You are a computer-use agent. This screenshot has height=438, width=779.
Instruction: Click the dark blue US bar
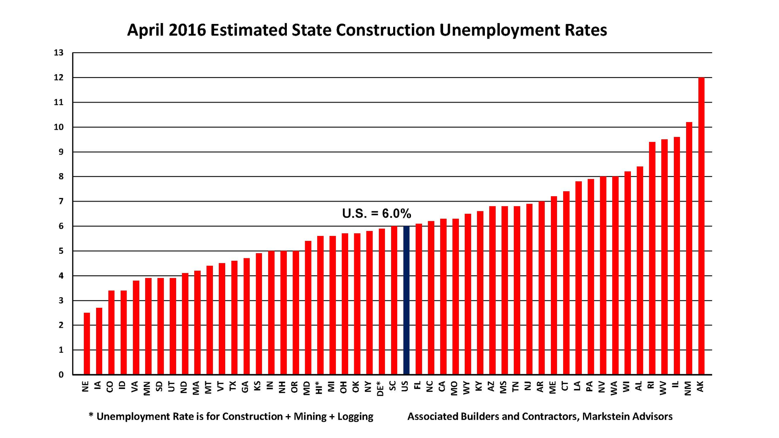pos(407,300)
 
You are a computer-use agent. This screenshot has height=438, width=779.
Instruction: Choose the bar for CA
pos(443,296)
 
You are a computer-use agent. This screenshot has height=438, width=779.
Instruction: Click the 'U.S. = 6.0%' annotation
pos(377,213)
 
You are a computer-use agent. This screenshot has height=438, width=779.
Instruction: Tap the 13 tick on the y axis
pos(59,53)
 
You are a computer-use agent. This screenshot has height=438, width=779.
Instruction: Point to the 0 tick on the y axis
pos(61,375)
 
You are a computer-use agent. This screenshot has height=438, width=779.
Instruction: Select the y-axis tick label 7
pos(61,202)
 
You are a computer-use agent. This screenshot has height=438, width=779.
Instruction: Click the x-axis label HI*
pos(320,387)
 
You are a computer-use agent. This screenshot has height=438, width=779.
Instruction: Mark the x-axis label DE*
pos(381,388)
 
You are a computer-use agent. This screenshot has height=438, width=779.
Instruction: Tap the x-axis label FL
pos(418,386)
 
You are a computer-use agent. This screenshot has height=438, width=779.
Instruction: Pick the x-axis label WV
pos(664,387)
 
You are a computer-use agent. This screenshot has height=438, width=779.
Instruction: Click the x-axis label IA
pos(98,386)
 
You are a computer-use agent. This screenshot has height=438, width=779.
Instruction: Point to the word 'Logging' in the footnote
pos(355,417)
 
